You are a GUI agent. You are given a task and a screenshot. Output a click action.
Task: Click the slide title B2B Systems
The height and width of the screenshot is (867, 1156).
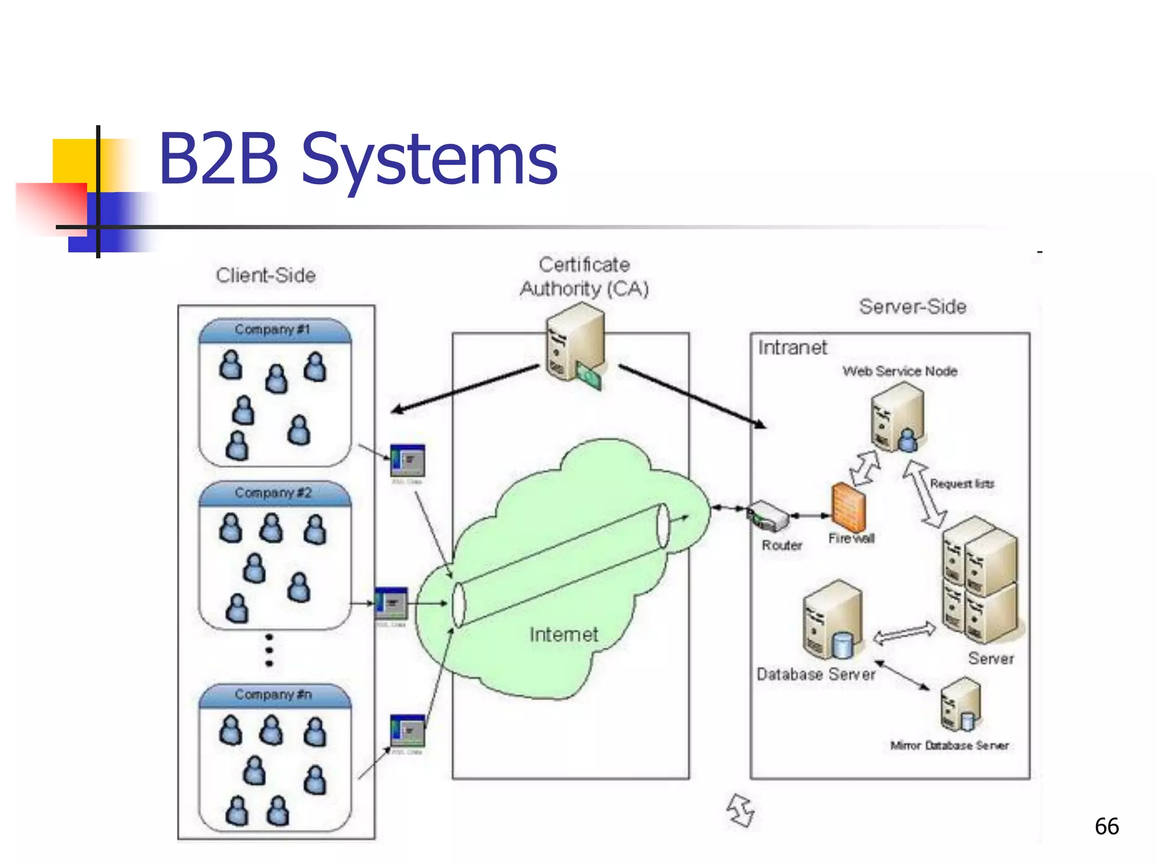click(358, 159)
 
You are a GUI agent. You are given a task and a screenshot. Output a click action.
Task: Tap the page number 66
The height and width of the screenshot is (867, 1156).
click(1106, 826)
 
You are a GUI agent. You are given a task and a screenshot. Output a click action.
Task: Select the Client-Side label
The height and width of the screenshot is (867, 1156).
click(266, 275)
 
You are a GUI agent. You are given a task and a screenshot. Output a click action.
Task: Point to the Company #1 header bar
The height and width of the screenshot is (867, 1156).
click(274, 330)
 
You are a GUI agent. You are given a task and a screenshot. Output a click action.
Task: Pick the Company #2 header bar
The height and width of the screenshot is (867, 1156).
click(274, 493)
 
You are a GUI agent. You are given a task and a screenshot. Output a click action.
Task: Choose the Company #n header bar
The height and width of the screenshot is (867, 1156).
click(274, 695)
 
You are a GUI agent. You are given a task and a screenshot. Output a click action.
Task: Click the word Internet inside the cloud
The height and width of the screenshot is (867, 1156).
click(563, 634)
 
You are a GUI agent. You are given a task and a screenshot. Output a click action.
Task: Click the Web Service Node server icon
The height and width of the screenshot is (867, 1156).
click(897, 417)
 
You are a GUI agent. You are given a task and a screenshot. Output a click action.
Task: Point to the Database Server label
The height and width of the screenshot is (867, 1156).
click(816, 675)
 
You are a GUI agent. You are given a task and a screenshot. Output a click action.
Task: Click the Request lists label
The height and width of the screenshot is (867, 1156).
click(962, 484)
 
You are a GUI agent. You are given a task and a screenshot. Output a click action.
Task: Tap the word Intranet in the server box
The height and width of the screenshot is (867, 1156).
click(792, 348)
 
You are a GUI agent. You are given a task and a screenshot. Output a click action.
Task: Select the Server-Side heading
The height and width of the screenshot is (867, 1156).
click(913, 306)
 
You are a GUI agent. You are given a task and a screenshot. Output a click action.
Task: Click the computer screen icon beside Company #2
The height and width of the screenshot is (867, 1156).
click(391, 603)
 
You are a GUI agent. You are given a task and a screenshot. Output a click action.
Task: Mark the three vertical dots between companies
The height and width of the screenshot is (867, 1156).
click(269, 650)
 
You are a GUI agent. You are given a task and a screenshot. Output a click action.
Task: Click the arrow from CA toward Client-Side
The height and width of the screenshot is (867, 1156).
click(463, 389)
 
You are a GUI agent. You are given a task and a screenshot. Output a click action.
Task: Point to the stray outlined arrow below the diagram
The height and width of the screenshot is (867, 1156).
click(741, 811)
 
